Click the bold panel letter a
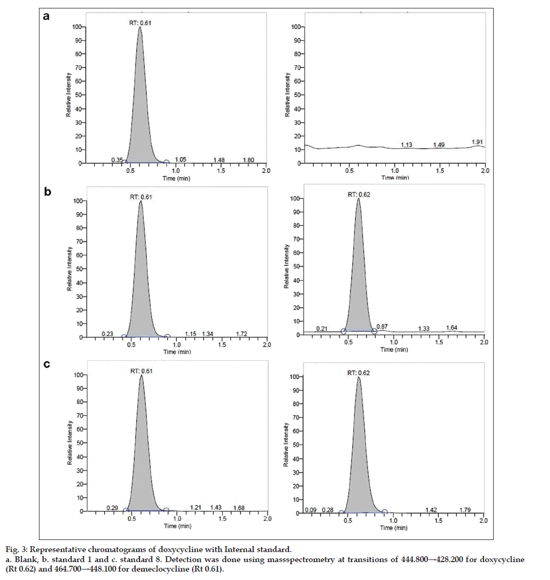(x=47, y=16)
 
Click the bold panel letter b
(x=47, y=192)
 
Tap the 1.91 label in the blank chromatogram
(x=477, y=142)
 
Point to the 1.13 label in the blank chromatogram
(x=406, y=144)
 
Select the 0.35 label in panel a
(x=116, y=160)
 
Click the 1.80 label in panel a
(x=248, y=160)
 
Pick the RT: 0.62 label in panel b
(x=359, y=194)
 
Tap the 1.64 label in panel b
(x=452, y=328)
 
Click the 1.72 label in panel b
(x=242, y=333)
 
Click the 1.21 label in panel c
(x=196, y=507)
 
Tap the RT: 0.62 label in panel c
(x=359, y=372)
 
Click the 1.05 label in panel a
(x=181, y=160)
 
